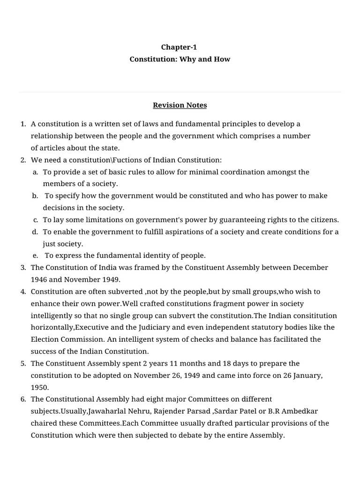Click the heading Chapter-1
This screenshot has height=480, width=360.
[180, 47]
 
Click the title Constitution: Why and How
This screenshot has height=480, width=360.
[180, 60]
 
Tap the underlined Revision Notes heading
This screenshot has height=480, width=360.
[180, 105]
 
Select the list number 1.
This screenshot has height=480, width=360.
[23, 124]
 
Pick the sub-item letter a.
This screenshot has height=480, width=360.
[35, 172]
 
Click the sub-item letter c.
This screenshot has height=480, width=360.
[35, 219]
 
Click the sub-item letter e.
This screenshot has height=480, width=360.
[35, 255]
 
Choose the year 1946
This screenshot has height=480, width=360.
[39, 279]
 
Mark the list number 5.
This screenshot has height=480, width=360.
[23, 363]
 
